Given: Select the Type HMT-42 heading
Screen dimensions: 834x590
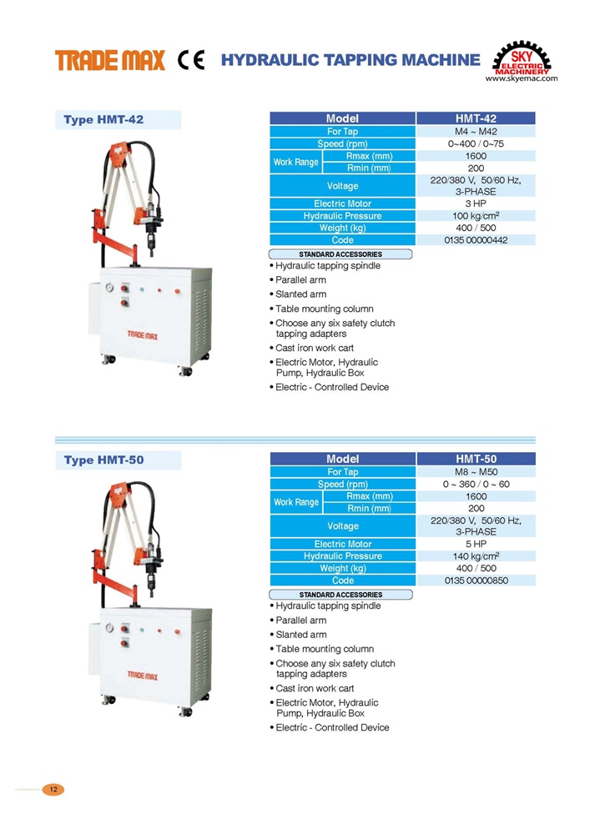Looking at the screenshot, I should coord(103,120).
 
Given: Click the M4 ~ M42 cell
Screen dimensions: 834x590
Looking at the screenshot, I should coord(477,132).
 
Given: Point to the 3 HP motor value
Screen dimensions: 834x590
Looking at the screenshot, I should coord(477,203).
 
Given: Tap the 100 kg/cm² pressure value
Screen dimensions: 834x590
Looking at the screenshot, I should coord(477,216).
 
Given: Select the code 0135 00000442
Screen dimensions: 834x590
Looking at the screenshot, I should coord(477,240).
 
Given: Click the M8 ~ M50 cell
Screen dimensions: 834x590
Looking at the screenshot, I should coord(477,472).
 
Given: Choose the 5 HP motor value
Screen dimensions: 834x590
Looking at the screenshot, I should coord(477,544).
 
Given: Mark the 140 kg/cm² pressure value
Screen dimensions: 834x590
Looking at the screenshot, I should coord(477,556).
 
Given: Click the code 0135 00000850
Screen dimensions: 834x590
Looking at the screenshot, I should coord(477,580).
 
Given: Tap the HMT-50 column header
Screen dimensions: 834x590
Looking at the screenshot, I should coord(477,459).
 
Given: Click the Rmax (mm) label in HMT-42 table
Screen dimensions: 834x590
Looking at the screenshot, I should coord(369,156).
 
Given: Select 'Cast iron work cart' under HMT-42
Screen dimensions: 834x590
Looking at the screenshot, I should coord(315,348).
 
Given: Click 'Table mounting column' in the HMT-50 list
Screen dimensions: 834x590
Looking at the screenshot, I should coord(325,649).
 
